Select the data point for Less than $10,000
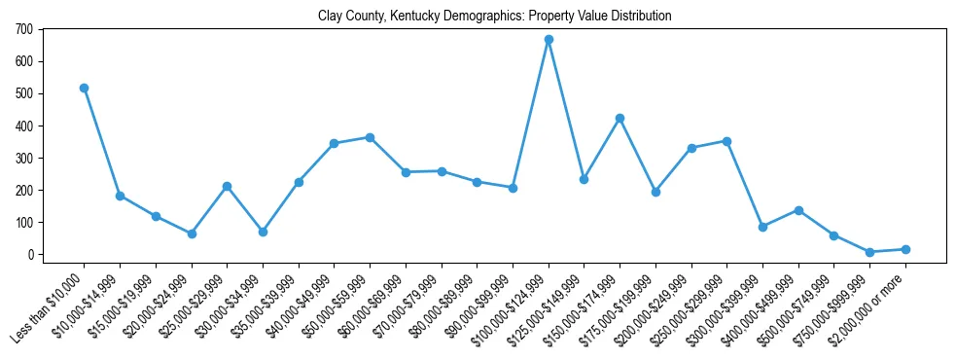coord(84,88)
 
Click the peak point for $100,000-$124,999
coord(549,40)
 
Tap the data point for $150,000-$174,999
coord(620,118)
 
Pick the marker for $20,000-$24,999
coord(192,234)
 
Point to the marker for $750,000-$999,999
coord(869,252)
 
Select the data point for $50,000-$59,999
coord(370,137)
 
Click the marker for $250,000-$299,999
coord(726,141)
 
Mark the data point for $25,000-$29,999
coord(227,186)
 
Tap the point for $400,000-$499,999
coord(798,210)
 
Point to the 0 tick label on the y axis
coord(31,255)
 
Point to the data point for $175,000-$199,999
coord(655,192)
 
